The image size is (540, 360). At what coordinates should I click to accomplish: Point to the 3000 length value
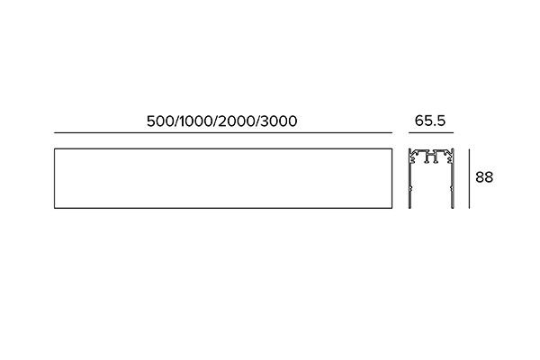(278, 121)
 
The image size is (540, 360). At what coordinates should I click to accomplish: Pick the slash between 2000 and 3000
(256, 121)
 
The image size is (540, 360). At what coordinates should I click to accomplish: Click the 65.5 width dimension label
(430, 121)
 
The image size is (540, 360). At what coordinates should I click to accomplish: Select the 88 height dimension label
(484, 177)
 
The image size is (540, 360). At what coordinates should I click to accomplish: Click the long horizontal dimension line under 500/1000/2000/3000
(223, 132)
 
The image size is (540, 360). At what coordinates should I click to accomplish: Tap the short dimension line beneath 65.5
(431, 132)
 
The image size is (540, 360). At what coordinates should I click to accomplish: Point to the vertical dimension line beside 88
(469, 178)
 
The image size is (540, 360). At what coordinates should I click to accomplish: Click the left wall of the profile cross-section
(409, 178)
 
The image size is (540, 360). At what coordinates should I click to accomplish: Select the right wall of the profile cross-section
(454, 178)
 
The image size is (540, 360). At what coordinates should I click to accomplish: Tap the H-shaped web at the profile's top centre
(431, 157)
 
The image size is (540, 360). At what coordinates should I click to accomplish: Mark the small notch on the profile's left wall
(410, 188)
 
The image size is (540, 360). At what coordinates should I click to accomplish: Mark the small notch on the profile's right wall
(452, 188)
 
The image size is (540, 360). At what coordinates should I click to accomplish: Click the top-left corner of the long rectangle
(54, 148)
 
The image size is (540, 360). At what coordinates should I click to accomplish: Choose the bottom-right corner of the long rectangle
(391, 208)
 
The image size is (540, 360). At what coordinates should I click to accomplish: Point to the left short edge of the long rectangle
(54, 178)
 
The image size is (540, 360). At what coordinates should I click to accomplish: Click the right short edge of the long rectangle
(391, 178)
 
